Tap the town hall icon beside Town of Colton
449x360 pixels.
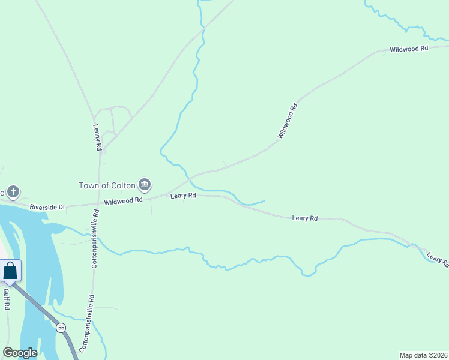(144, 184)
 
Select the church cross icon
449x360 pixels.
(13, 193)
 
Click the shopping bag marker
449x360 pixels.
(10, 271)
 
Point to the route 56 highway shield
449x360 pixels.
(61, 328)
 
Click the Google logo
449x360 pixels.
(20, 353)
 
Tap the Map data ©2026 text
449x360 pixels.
(423, 355)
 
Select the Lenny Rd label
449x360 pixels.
(97, 137)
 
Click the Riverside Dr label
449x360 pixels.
(47, 207)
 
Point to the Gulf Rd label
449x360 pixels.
(7, 299)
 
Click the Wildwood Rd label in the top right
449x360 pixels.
(408, 48)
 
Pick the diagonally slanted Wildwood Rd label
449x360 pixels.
(288, 122)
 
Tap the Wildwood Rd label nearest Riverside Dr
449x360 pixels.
(123, 201)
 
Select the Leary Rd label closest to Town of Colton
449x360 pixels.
(183, 196)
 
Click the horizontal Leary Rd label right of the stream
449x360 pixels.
(304, 218)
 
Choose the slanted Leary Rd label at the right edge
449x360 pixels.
(438, 259)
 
